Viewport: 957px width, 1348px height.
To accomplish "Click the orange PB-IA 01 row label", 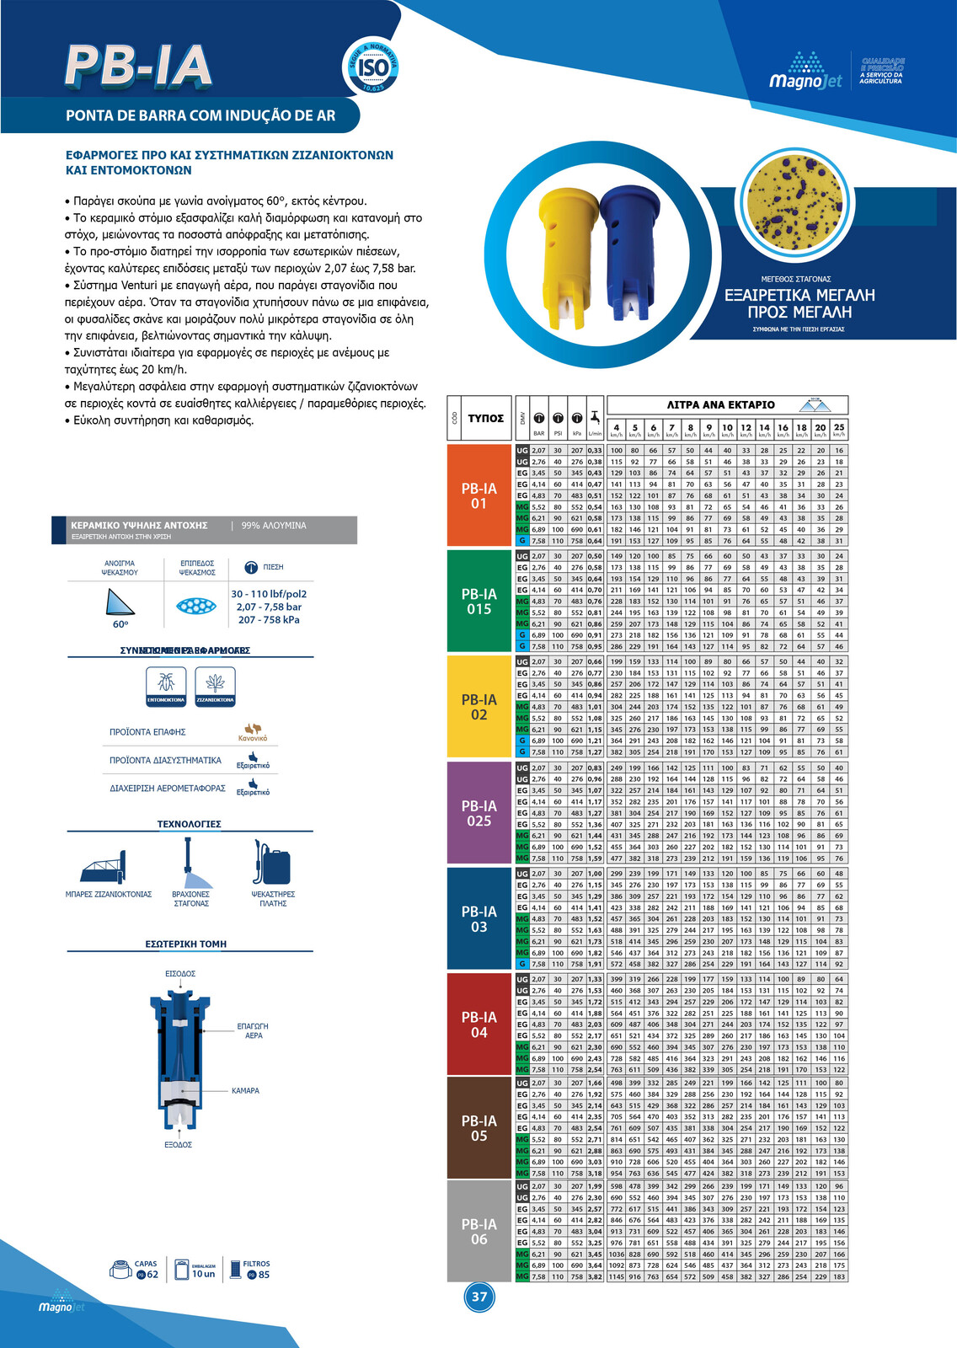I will coord(479,495).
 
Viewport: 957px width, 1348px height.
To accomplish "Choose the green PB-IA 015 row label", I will coord(479,601).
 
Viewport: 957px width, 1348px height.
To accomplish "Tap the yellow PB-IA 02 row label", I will coord(479,707).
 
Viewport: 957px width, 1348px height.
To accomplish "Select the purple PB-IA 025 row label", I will coord(479,813).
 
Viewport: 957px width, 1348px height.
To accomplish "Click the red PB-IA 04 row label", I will coord(479,1024).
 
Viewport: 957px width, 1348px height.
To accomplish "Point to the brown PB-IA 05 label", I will coord(479,1128).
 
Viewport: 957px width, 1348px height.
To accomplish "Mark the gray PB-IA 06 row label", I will coord(479,1231).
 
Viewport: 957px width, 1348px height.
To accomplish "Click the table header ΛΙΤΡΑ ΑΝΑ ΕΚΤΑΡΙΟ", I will coord(720,405).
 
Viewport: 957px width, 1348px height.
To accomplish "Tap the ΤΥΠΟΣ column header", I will coord(486,418).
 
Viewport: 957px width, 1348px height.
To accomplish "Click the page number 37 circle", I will coord(479,1297).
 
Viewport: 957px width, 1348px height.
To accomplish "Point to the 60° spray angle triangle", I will coord(120,602).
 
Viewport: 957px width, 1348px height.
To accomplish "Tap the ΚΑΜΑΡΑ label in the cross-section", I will coord(245,1091).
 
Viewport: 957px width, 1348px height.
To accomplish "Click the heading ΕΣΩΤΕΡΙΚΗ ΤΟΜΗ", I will coord(186,944).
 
